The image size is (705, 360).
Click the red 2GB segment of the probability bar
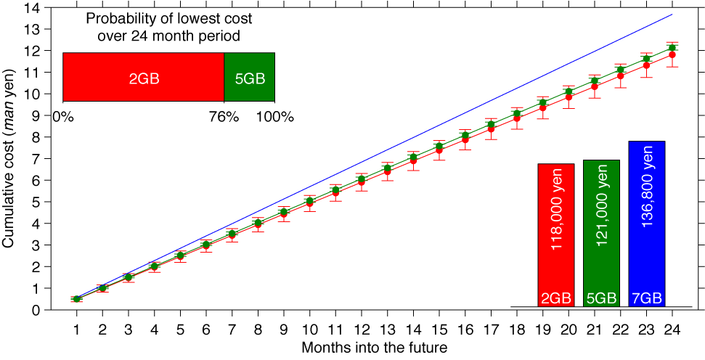pos(143,77)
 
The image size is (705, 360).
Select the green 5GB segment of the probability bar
pos(249,77)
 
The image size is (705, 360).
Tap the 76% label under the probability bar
pos(224,116)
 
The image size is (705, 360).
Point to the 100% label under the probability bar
pos(274,116)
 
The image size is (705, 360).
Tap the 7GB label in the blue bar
pos(647,298)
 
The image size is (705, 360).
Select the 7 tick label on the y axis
pos(34,158)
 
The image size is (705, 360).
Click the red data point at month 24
pos(672,54)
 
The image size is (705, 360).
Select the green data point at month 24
pos(672,48)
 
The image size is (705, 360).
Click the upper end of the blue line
pos(672,15)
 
